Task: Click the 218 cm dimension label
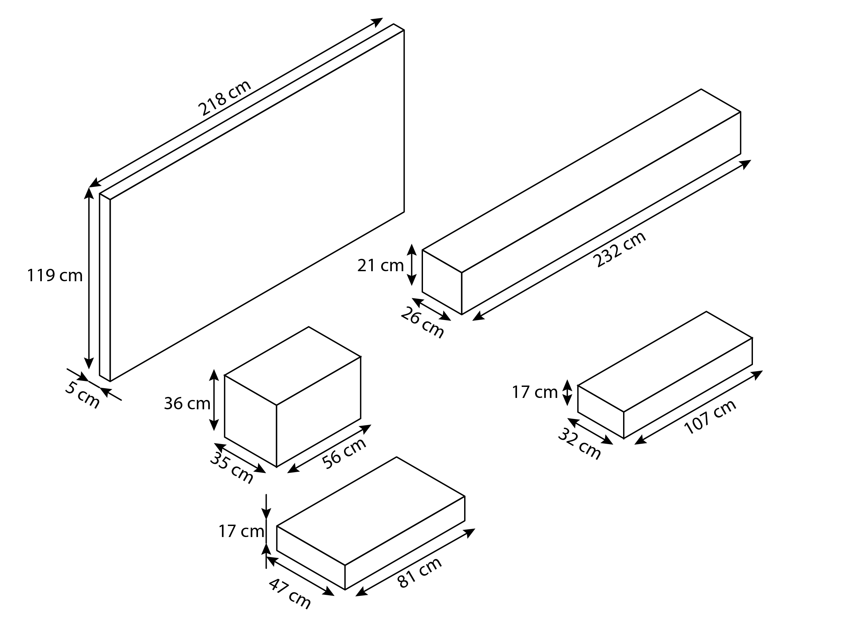tap(225, 97)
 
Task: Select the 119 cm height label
tap(55, 276)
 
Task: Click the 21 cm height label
tap(380, 266)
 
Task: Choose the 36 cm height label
tap(187, 404)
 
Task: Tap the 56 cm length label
tap(344, 453)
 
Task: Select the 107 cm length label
tap(710, 417)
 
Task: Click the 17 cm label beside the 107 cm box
tap(535, 393)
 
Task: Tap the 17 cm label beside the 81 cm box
tap(241, 531)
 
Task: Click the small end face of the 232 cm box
tap(442, 282)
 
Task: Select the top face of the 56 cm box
tap(293, 366)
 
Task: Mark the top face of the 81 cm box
tap(371, 511)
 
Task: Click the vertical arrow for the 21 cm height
tap(412, 265)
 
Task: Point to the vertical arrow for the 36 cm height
tap(214, 400)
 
